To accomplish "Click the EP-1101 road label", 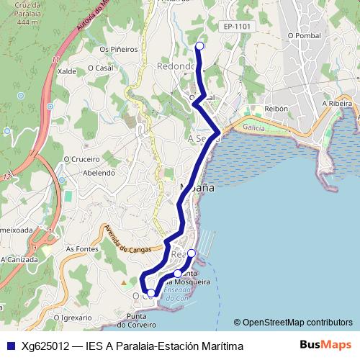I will [x=237, y=27].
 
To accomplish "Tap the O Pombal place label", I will [x=303, y=35].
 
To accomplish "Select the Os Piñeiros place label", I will [x=118, y=49].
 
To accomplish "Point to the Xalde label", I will [x=66, y=71].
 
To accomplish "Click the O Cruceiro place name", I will [x=81, y=159].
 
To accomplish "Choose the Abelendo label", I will [x=99, y=173].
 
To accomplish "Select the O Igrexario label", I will [x=71, y=315].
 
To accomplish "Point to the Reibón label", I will [x=276, y=108].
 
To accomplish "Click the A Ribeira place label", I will [x=338, y=104].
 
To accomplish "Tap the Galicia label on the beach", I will [x=254, y=127].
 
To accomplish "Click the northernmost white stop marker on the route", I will [x=199, y=46].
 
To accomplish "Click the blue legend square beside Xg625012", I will [x=10, y=346].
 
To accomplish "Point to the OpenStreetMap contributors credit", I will [x=293, y=323].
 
